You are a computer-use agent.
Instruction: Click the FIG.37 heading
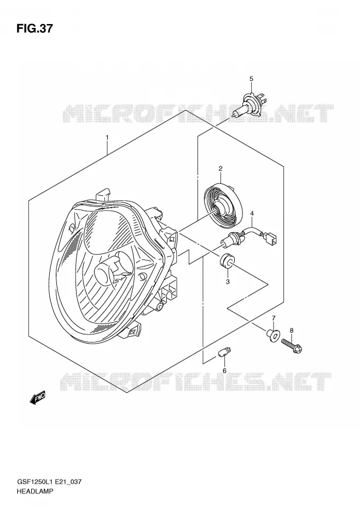click(34, 28)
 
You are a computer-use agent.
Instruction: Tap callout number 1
click(107, 137)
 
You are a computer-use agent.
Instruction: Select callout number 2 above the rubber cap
click(220, 169)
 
